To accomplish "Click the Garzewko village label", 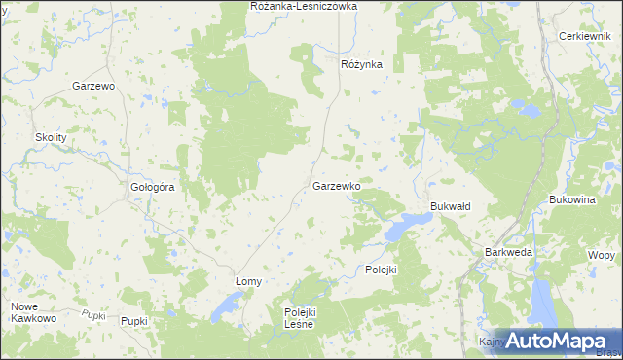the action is (x=338, y=185).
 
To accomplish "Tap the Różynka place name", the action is (x=361, y=64).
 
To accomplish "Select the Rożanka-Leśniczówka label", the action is (x=304, y=6).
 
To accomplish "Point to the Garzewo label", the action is (x=94, y=86).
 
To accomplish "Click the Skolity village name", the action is (x=51, y=138).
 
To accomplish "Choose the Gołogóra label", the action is (x=152, y=187).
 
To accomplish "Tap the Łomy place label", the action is (x=249, y=281).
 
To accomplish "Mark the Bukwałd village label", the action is (x=451, y=207).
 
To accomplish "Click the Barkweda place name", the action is (x=508, y=251).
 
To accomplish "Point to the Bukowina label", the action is (x=571, y=199).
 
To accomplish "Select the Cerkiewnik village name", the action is (x=584, y=36).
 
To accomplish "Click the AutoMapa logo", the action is (x=549, y=341).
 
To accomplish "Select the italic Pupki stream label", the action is (x=93, y=313).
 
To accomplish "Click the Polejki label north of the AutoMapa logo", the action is (x=382, y=270).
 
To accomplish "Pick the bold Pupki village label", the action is (x=133, y=320).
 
